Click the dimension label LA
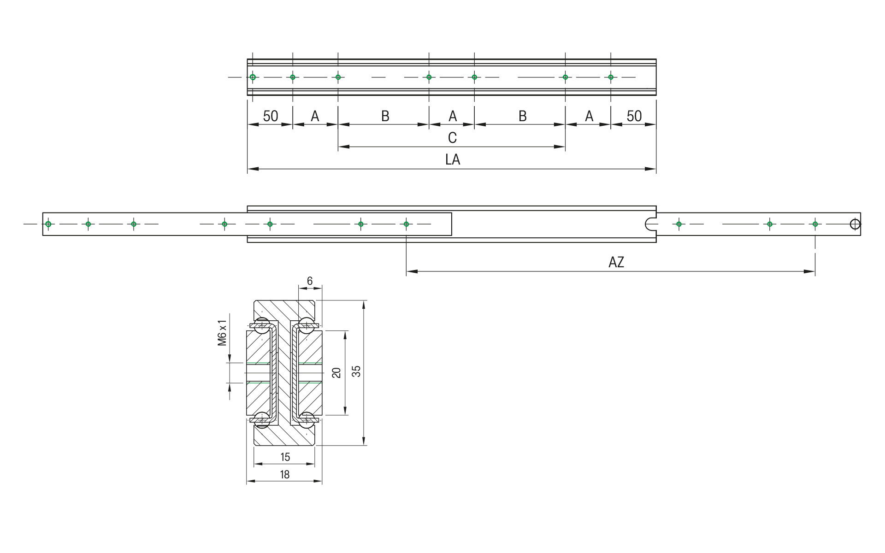[x=452, y=159]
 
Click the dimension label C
[x=452, y=137]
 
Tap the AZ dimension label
[x=616, y=262]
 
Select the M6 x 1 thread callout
[x=223, y=332]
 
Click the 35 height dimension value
[x=356, y=371]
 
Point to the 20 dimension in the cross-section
[x=336, y=372]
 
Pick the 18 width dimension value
[x=284, y=474]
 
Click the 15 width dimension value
[x=285, y=457]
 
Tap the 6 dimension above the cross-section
[x=310, y=281]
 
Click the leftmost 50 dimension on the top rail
[x=271, y=116]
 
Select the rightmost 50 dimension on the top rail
[x=634, y=116]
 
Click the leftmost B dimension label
[x=385, y=116]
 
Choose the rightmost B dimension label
[x=522, y=116]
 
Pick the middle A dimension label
[x=452, y=116]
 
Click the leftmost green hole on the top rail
[x=253, y=77]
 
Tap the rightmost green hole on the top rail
[x=611, y=77]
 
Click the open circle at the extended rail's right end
[x=855, y=224]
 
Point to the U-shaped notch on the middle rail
[x=650, y=224]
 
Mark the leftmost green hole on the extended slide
[x=48, y=224]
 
